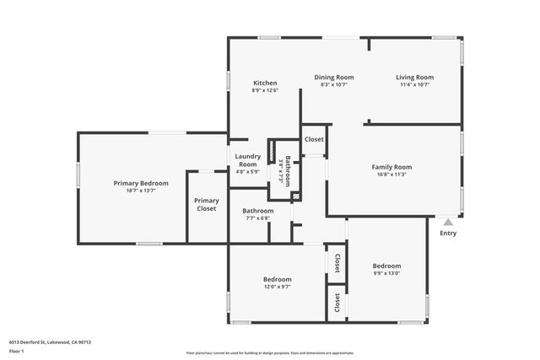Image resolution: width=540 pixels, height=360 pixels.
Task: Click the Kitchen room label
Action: coord(265,83)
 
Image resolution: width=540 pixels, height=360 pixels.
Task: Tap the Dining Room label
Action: coord(334,77)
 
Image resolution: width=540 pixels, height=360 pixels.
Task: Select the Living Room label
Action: coord(414,77)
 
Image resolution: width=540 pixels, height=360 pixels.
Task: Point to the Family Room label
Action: coord(391,167)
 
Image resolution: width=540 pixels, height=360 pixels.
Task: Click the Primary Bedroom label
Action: coord(141,183)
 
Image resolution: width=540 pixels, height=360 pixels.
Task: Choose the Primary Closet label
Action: coord(207,204)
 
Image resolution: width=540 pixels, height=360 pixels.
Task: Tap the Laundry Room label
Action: coord(247,160)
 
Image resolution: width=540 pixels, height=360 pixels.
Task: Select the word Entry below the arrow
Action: coord(448,234)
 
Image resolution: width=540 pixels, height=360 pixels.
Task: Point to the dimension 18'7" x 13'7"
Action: coord(141,191)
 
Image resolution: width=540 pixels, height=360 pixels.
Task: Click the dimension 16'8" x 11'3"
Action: coord(391,175)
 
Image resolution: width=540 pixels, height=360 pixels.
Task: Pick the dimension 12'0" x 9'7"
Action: coord(277,287)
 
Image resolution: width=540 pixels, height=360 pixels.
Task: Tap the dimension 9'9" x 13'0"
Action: coord(386,273)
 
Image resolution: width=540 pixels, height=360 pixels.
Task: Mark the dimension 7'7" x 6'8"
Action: coord(257,218)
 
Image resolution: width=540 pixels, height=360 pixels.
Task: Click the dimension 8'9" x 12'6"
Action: coord(265,90)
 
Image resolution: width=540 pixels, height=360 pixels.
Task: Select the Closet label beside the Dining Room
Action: coord(314,139)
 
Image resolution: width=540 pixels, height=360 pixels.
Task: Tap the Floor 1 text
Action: coord(17,351)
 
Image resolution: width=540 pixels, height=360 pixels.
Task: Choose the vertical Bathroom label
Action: coord(287,171)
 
